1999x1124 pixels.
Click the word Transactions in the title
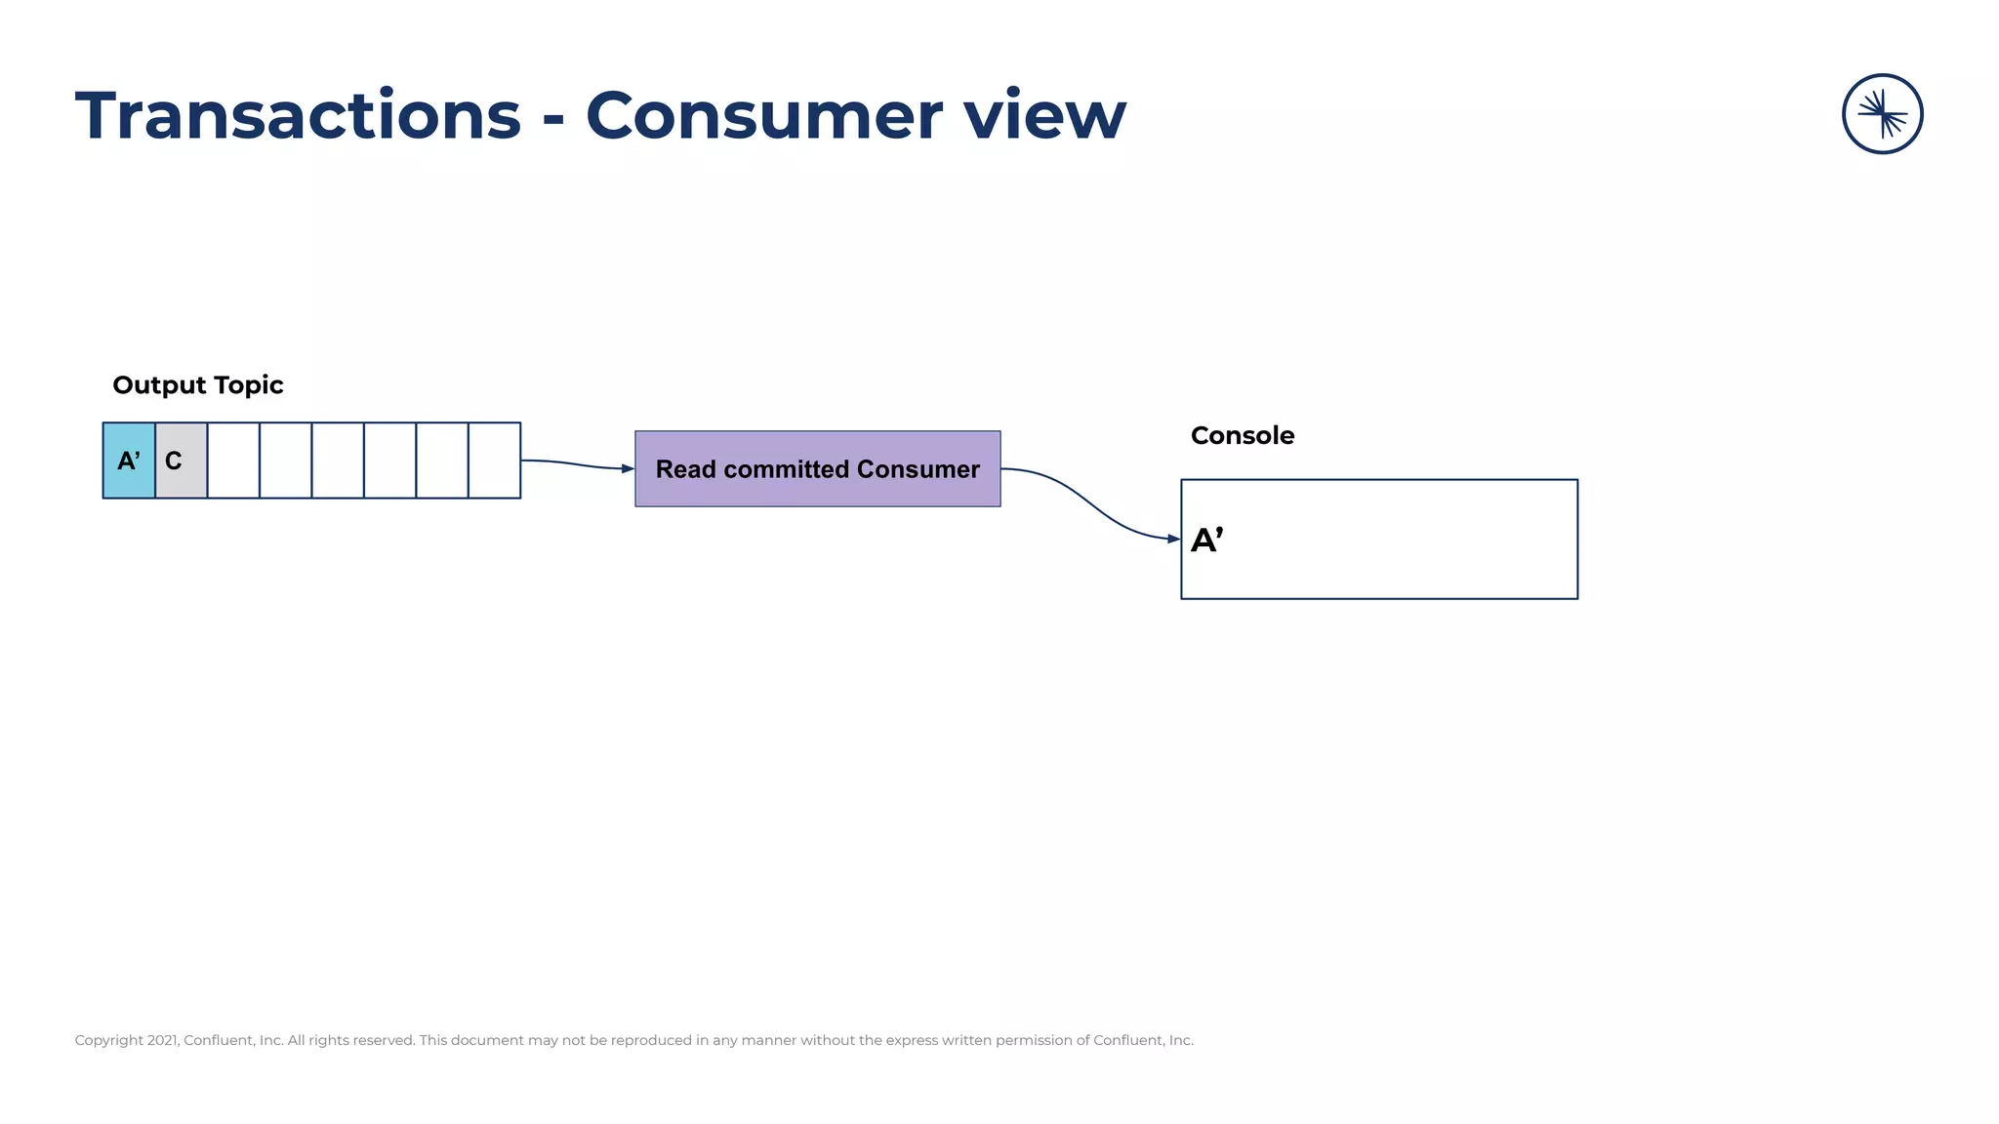(x=298, y=116)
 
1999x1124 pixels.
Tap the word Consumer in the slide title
(x=762, y=116)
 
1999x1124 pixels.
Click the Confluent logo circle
(x=1882, y=114)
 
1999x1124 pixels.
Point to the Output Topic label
(x=198, y=385)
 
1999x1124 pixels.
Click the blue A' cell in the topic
(x=129, y=461)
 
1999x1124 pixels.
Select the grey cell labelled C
(x=181, y=461)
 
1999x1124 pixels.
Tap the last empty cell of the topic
(x=494, y=461)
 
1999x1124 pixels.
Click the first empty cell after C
(x=233, y=461)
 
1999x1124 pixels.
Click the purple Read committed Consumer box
(x=817, y=469)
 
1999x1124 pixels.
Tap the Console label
(x=1242, y=436)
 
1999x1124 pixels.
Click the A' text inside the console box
(x=1206, y=540)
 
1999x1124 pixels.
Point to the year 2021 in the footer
(x=162, y=1040)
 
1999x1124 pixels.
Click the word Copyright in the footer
(x=108, y=1040)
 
